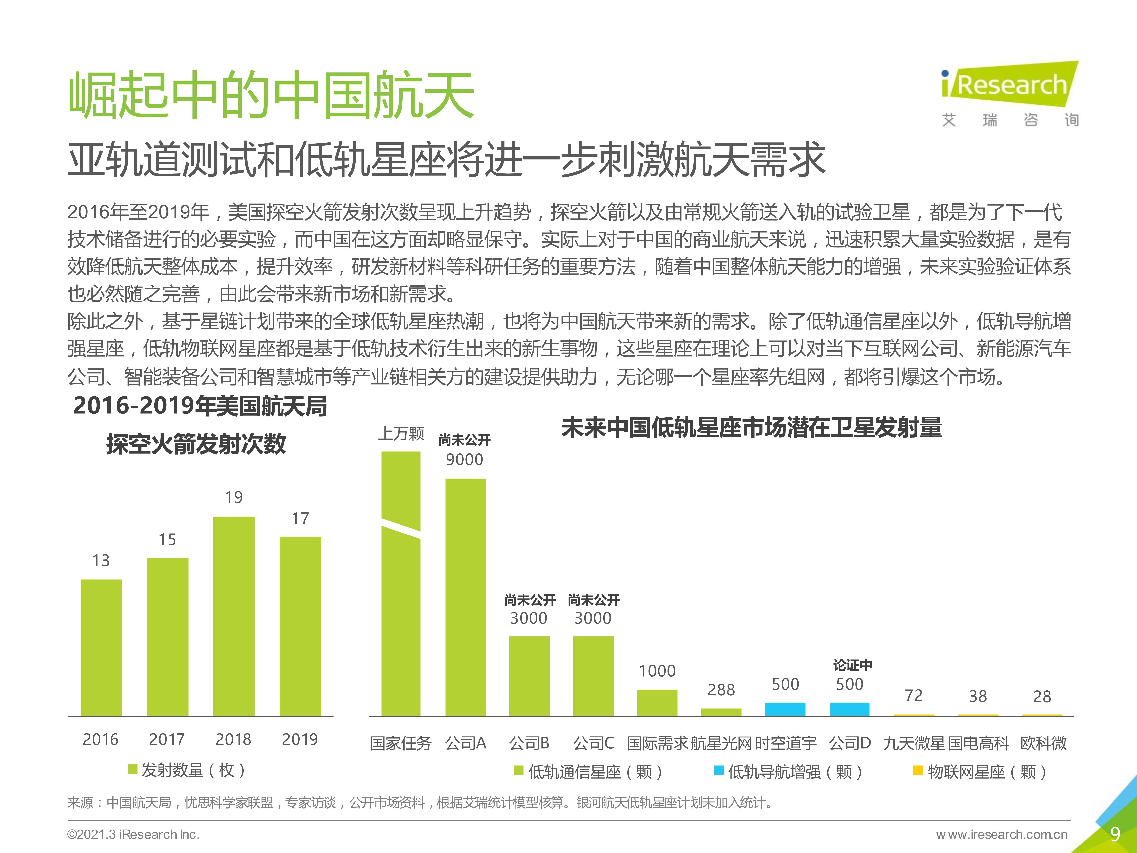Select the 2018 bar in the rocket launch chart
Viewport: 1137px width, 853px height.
click(x=234, y=616)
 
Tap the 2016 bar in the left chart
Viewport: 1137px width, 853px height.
click(x=101, y=647)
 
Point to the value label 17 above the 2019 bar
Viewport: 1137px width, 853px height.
click(x=300, y=518)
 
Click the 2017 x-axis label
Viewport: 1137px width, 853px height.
click(x=167, y=739)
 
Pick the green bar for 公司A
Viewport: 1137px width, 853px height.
click(x=465, y=597)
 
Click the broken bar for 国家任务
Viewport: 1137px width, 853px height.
click(x=401, y=584)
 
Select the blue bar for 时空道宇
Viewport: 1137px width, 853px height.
click(x=785, y=709)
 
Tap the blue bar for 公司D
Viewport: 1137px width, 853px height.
click(x=850, y=709)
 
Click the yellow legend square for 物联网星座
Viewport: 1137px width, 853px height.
click(x=917, y=770)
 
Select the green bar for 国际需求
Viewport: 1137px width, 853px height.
click(x=657, y=702)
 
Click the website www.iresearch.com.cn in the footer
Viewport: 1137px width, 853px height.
click(x=1002, y=834)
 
